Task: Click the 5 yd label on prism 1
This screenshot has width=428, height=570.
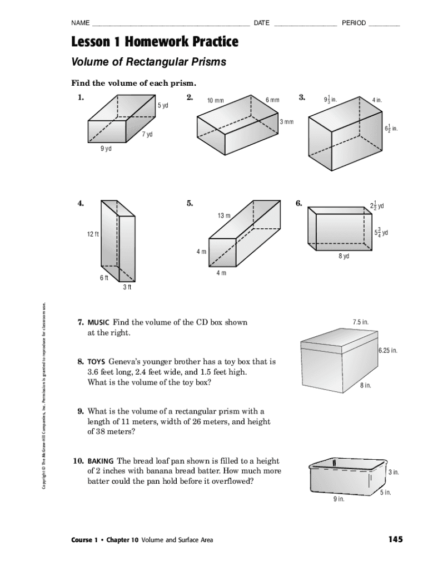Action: (x=162, y=106)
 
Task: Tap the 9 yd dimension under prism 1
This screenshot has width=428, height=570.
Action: (x=106, y=149)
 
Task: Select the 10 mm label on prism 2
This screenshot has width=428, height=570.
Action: (x=215, y=101)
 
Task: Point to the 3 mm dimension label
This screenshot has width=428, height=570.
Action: (x=286, y=122)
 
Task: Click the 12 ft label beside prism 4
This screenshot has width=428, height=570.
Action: (x=92, y=234)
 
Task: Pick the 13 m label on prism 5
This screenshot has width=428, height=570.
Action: (x=225, y=216)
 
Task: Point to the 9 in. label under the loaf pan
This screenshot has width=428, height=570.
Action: (x=339, y=499)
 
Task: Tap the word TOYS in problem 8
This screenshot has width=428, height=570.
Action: (x=97, y=361)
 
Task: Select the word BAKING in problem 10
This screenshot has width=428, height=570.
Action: (x=101, y=461)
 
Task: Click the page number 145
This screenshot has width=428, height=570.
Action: (x=395, y=539)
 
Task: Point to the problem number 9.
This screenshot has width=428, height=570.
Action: (x=81, y=411)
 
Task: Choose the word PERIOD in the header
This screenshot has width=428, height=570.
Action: (x=354, y=23)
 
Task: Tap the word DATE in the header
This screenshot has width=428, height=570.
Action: (x=261, y=23)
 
